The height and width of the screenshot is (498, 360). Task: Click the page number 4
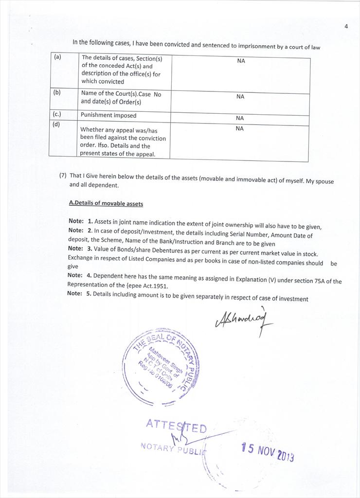tap(346, 26)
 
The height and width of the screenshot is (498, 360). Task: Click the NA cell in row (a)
tap(241, 61)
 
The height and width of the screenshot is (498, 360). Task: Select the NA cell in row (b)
tap(240, 97)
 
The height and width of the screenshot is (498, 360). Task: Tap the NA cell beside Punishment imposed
tap(240, 118)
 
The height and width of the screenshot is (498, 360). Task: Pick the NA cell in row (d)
tap(239, 128)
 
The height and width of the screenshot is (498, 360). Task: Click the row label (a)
tap(58, 57)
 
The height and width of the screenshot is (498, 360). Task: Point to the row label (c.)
tap(57, 114)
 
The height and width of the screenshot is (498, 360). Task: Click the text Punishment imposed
tap(108, 116)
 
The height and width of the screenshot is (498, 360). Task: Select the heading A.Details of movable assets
tap(106, 203)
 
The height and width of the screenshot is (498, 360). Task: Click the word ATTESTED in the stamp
tap(176, 427)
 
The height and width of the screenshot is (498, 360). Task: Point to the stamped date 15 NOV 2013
tap(268, 452)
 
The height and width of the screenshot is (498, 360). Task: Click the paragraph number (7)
tap(63, 176)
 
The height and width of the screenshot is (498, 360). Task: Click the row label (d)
tap(57, 124)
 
